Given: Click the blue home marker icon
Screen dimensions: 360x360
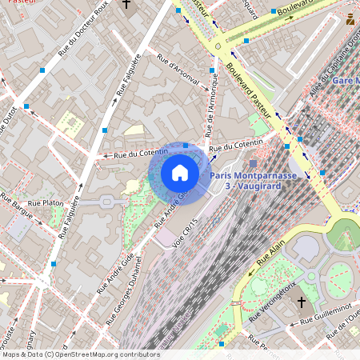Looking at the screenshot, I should (x=180, y=172).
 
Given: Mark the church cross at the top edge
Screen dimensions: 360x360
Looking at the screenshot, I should (x=126, y=5).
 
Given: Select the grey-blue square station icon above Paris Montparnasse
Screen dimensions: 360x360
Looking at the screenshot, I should (x=254, y=163).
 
